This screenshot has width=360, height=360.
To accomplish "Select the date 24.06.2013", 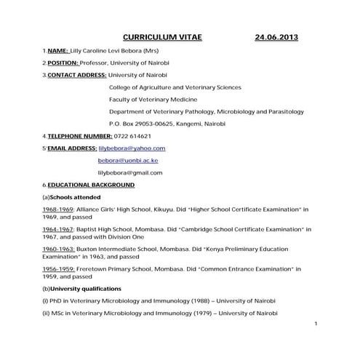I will (276, 36).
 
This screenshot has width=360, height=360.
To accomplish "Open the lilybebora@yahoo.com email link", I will (132, 148).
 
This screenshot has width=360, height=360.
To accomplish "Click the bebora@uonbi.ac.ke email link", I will (128, 160).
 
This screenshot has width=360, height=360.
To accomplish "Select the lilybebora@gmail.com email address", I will (130, 173).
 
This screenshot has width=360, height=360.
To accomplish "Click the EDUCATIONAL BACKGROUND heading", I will (91, 185).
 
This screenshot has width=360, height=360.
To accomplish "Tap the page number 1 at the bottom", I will (316, 323).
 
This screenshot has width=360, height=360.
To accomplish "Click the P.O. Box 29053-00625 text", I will (142, 124).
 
